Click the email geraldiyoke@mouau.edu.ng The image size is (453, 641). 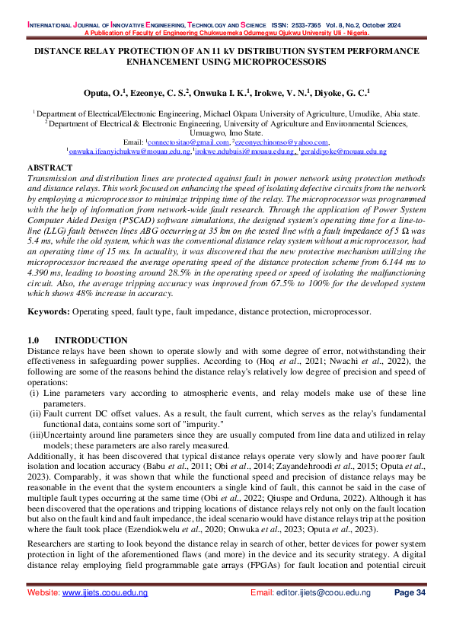(344, 151)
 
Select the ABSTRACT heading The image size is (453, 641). (49, 167)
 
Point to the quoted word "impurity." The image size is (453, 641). (197, 423)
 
